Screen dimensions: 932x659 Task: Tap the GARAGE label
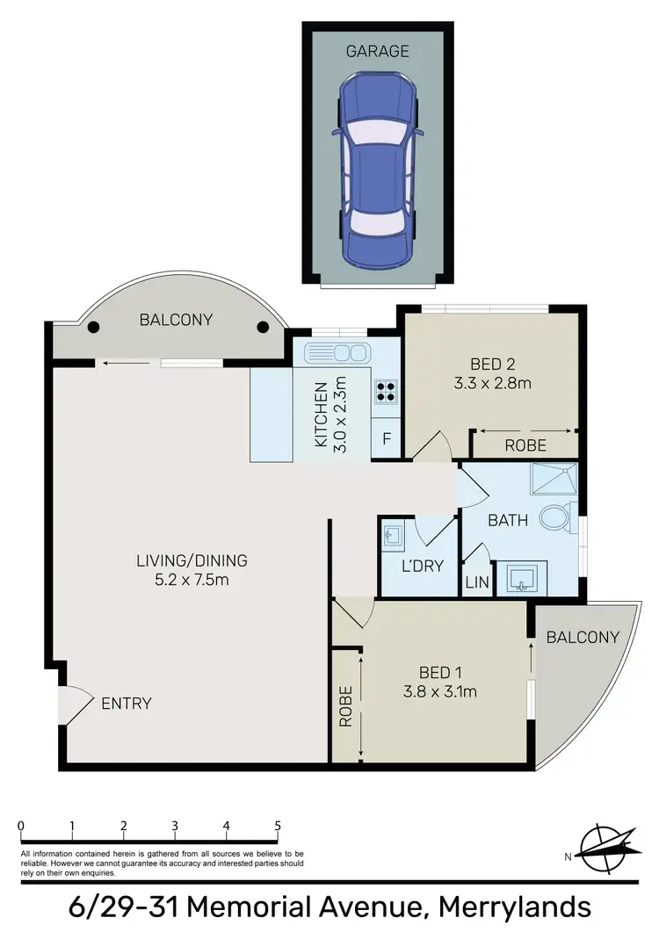click(377, 51)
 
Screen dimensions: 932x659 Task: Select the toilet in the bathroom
click(555, 517)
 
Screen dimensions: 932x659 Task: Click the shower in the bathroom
click(554, 480)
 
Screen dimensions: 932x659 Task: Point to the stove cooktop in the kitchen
click(387, 392)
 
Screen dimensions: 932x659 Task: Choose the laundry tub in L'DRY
click(392, 534)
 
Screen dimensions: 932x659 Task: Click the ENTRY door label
click(127, 703)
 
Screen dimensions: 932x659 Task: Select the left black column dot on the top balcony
click(92, 328)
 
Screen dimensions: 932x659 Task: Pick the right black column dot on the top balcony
click(262, 328)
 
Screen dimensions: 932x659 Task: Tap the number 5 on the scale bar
click(278, 826)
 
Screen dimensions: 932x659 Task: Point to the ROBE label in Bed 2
click(525, 445)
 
